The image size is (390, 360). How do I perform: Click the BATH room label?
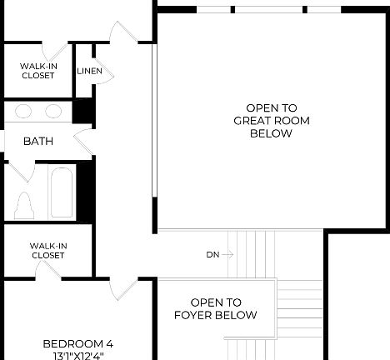(x=38, y=142)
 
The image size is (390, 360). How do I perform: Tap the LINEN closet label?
(x=90, y=72)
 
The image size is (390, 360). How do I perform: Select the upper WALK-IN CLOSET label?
(x=37, y=71)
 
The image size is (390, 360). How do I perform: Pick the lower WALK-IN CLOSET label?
(x=47, y=250)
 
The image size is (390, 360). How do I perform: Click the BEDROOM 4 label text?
(x=77, y=343)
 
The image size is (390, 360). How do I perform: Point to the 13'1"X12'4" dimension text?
(x=77, y=355)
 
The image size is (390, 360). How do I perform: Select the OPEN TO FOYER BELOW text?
(x=216, y=309)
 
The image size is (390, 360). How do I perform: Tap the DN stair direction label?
(x=213, y=255)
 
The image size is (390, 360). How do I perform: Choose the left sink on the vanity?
(x=24, y=111)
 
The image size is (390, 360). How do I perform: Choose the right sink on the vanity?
(x=53, y=111)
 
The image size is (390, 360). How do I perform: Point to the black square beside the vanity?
(x=82, y=111)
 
